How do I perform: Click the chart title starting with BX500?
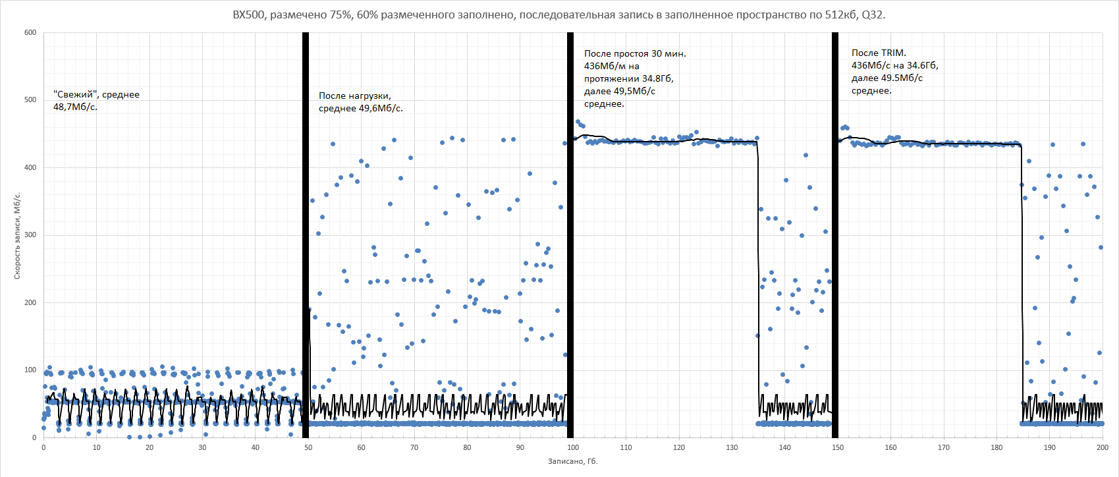coord(559,14)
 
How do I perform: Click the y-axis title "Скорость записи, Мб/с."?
coord(18,236)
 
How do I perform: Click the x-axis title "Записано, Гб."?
coord(572,461)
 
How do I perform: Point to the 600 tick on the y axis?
coord(30,32)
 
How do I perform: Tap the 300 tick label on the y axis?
coord(30,235)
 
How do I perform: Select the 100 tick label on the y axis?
coord(30,370)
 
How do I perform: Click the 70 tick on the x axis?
coord(414,448)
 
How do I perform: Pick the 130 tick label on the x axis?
coord(732,448)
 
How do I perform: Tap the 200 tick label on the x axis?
coord(1102,448)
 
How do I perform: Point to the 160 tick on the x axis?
coord(890,448)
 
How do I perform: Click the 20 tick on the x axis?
coord(150,448)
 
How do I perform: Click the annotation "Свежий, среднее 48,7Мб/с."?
coord(96,101)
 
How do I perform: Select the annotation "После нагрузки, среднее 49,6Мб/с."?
coord(360,102)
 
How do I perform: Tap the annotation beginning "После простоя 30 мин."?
coord(634,78)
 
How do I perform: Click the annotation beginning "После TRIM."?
coord(894,72)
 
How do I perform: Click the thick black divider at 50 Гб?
coord(306,235)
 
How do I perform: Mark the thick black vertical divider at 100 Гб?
coord(570,235)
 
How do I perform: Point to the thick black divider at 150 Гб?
coord(835,235)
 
